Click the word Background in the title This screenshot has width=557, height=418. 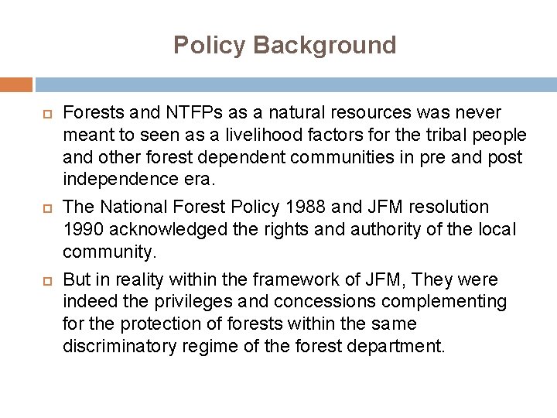(x=324, y=45)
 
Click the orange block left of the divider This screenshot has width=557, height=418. (x=16, y=84)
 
